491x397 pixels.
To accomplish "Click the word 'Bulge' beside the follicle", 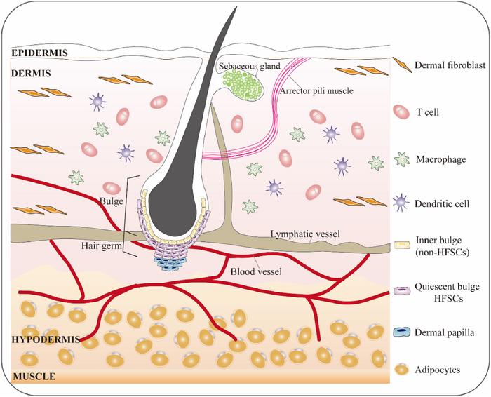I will coord(110,202).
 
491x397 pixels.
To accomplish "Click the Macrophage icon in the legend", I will coord(403,159).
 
